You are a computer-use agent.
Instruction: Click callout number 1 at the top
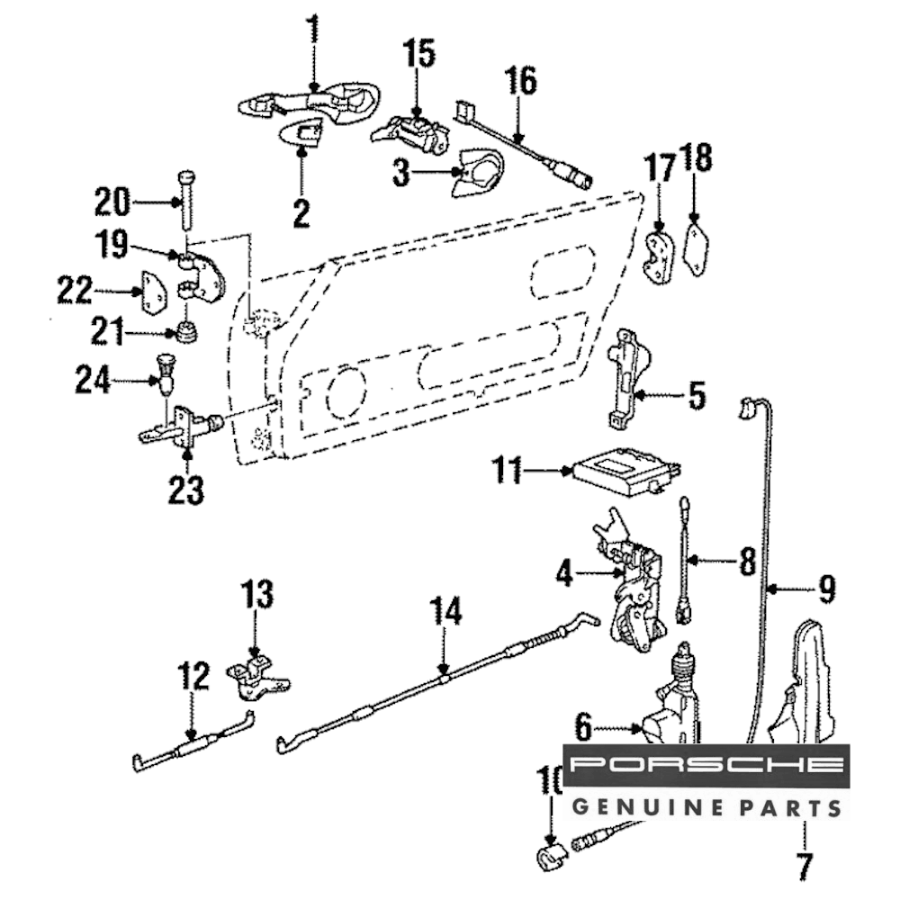pos(313,30)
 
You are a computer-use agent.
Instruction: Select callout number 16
pos(520,82)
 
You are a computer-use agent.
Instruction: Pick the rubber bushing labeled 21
pos(187,334)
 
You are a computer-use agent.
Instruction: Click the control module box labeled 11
pos(621,472)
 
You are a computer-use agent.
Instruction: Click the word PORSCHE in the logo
pos(707,766)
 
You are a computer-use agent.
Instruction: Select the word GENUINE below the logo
pos(629,805)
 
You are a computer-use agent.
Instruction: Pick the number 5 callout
pos(697,395)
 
